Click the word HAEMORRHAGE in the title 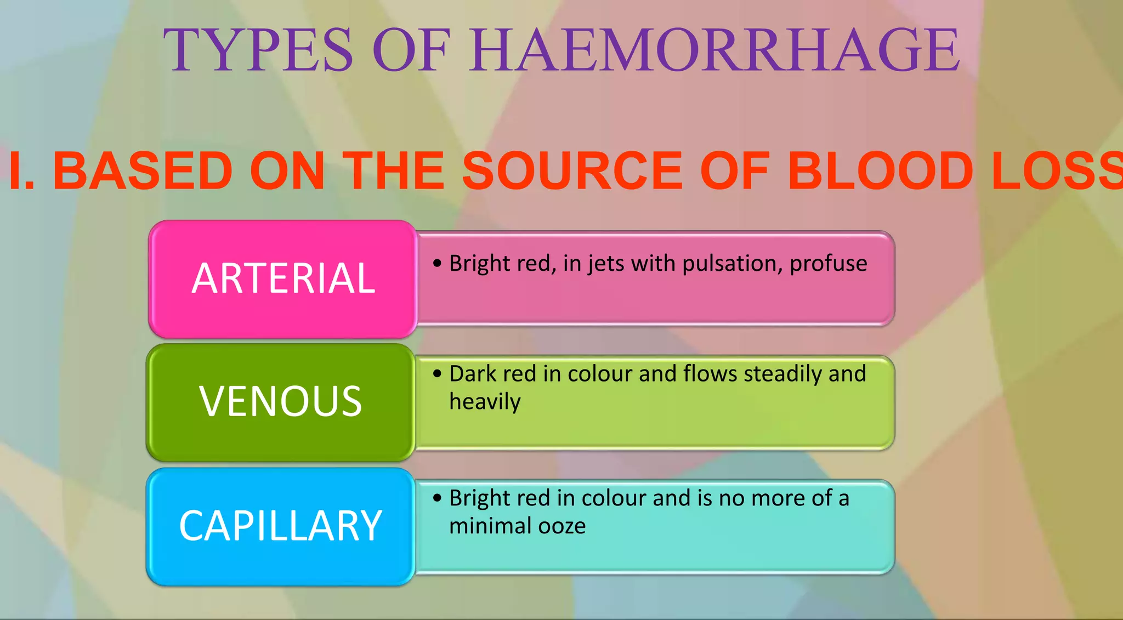(714, 50)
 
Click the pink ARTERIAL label (283, 278)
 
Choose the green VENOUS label (280, 402)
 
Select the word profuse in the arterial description (828, 264)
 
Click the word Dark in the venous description (472, 374)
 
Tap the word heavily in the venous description (485, 402)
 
